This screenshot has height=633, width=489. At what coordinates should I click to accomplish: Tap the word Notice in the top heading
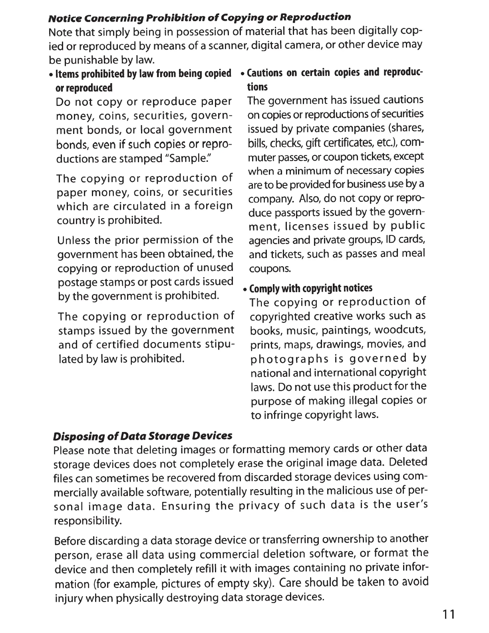60,18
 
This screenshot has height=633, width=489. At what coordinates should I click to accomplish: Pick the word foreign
213,206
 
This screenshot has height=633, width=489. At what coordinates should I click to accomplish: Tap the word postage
76,283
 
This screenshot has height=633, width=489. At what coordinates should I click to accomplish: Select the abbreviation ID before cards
390,240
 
